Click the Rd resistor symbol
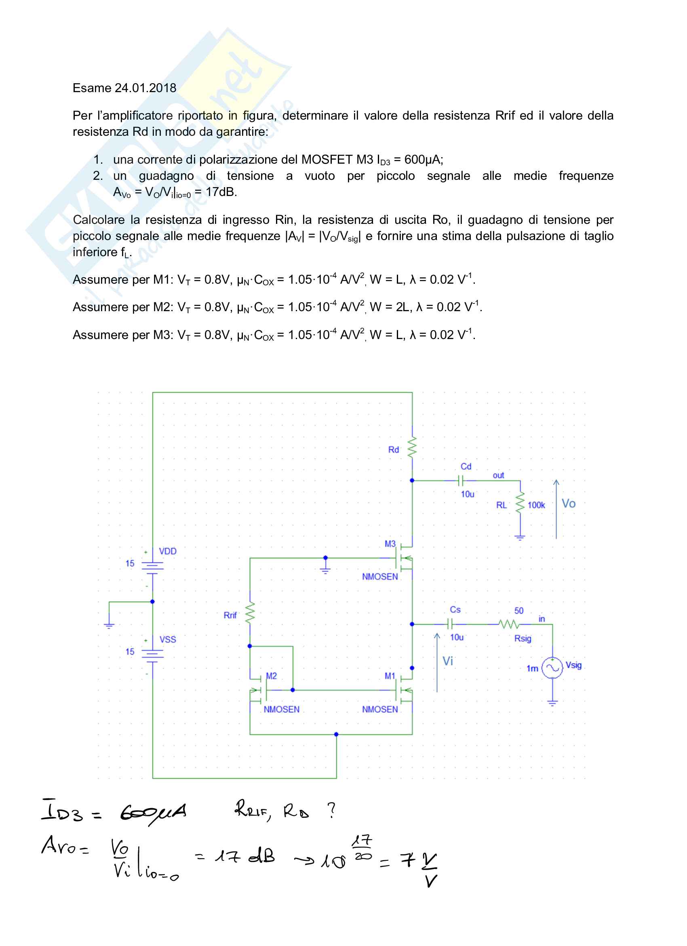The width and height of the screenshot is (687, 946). pyautogui.click(x=412, y=447)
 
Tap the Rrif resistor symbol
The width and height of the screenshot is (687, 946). pyautogui.click(x=250, y=613)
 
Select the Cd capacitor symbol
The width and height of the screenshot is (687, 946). pyautogui.click(x=461, y=480)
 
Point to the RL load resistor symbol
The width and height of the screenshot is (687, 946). pyautogui.click(x=520, y=503)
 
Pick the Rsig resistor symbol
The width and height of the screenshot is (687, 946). pyautogui.click(x=509, y=624)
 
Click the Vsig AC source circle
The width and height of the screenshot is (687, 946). pyautogui.click(x=552, y=668)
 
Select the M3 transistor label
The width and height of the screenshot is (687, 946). pyautogui.click(x=390, y=544)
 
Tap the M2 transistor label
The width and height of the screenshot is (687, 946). pyautogui.click(x=272, y=676)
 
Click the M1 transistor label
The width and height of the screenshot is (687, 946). pyautogui.click(x=390, y=676)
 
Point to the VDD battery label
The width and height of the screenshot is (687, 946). pyautogui.click(x=168, y=551)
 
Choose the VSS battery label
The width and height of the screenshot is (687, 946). pyautogui.click(x=168, y=639)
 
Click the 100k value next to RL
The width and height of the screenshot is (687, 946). pyautogui.click(x=536, y=505)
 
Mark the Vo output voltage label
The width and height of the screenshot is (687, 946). pyautogui.click(x=568, y=504)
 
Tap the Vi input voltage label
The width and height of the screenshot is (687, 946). pyautogui.click(x=448, y=661)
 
